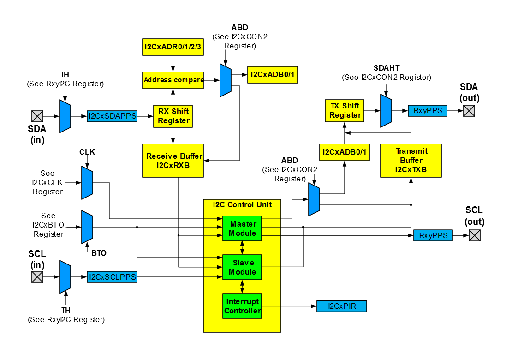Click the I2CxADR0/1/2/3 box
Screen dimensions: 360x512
173,47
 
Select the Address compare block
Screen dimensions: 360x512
173,80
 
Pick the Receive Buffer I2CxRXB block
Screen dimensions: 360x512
173,160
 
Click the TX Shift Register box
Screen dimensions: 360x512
345,110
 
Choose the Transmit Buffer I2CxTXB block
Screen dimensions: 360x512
411,160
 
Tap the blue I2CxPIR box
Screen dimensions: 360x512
341,306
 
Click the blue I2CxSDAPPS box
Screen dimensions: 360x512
113,116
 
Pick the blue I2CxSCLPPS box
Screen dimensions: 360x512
112,277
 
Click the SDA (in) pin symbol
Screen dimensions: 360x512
37,116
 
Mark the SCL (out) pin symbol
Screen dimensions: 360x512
475,235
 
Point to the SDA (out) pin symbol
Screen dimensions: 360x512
469,111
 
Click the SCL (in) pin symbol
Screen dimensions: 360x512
37,277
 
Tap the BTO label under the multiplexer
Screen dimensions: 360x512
99,253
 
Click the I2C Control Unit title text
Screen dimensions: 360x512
242,204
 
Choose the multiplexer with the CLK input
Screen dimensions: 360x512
87,183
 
